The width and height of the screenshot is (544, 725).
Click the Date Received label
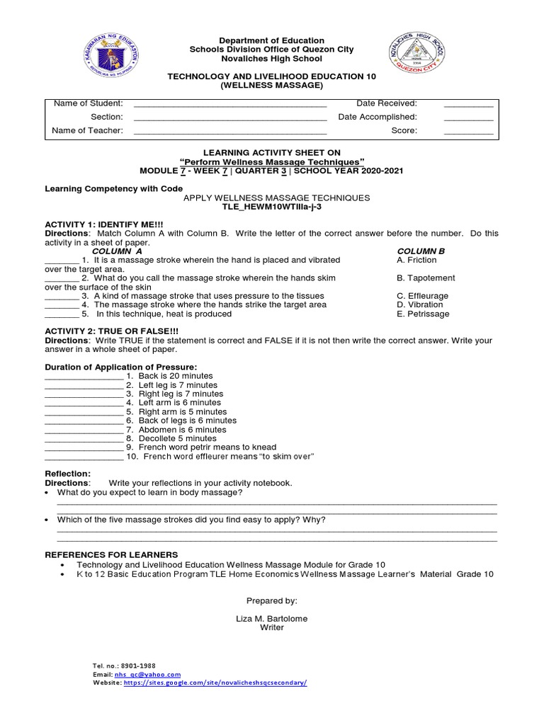click(x=387, y=103)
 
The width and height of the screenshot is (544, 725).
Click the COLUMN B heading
click(x=421, y=251)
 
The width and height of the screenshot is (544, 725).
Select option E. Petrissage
click(x=423, y=314)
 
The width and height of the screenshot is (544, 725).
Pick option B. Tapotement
click(x=426, y=278)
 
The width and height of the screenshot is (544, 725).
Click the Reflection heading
click(x=68, y=474)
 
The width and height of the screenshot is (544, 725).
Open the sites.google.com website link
click(x=215, y=683)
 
